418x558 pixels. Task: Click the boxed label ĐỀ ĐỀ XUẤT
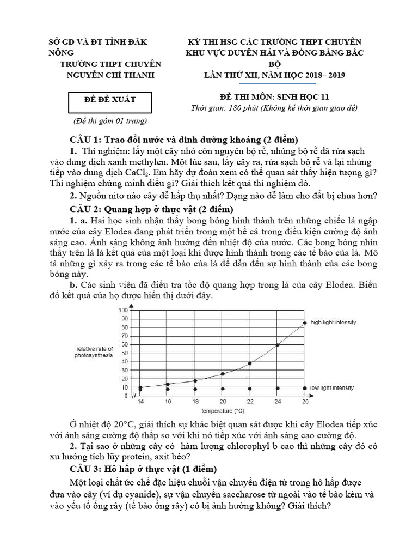(x=110, y=100)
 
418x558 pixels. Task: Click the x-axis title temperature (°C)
(x=222, y=410)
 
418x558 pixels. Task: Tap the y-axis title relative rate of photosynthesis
(x=94, y=352)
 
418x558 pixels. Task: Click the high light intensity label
(x=333, y=322)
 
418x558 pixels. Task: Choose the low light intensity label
(x=332, y=388)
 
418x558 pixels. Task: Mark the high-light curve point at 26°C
(x=304, y=323)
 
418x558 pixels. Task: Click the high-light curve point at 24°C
(x=278, y=345)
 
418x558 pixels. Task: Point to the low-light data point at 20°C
(x=223, y=389)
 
